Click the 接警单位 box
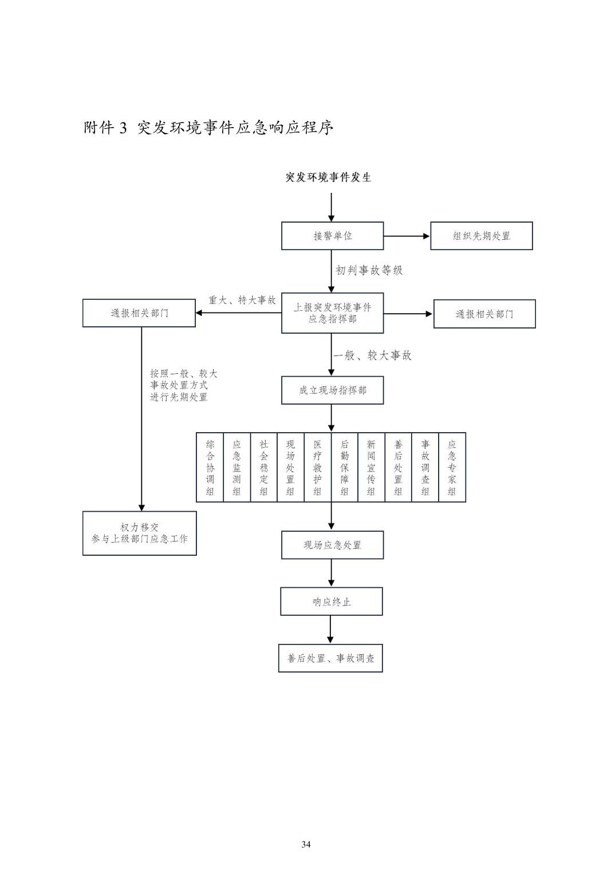click(x=332, y=236)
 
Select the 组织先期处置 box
click(x=481, y=236)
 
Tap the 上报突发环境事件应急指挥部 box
click(x=332, y=313)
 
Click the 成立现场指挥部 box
click(x=332, y=390)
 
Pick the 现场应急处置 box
click(x=332, y=545)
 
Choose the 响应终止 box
click(x=331, y=602)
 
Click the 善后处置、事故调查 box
click(x=330, y=658)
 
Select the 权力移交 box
click(x=140, y=533)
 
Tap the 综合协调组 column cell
click(x=210, y=468)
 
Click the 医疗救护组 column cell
click(x=317, y=468)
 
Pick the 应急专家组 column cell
click(x=452, y=468)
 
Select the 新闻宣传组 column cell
click(x=371, y=468)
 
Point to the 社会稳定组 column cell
click(x=263, y=468)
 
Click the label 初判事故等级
click(x=369, y=270)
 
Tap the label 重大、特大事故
click(x=242, y=300)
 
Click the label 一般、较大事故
click(x=373, y=355)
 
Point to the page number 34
click(x=306, y=844)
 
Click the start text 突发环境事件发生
click(x=329, y=177)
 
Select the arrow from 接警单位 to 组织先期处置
click(x=407, y=236)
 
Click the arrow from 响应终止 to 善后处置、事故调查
click(x=330, y=630)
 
